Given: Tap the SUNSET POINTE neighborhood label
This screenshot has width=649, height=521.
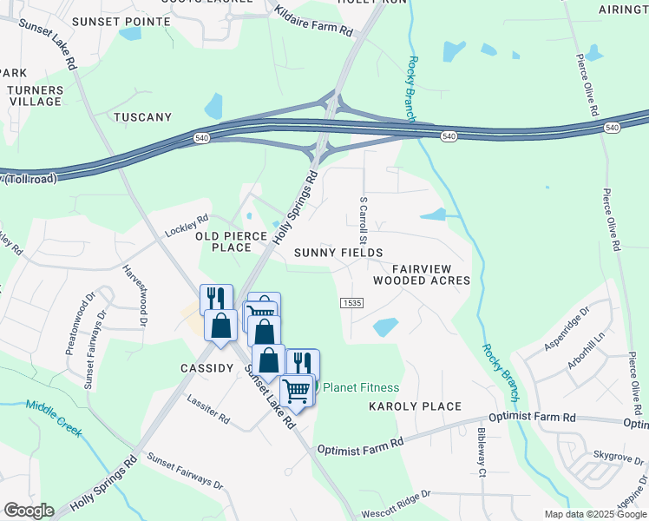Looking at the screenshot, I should click(x=134, y=20).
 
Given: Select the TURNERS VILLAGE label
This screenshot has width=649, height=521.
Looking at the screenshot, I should click(x=35, y=96).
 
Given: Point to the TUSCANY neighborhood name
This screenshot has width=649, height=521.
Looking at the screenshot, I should click(x=142, y=117).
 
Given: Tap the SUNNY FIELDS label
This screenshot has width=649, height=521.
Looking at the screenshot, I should click(x=338, y=253).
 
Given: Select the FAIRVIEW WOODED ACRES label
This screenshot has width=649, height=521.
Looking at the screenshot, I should click(x=422, y=274).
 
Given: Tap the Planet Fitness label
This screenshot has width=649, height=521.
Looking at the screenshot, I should click(x=361, y=387).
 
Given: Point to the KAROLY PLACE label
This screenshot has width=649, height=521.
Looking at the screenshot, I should click(x=415, y=406).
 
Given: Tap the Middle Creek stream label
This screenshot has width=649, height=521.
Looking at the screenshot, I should click(x=57, y=417).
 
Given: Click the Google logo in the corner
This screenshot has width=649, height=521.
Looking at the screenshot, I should click(x=29, y=511).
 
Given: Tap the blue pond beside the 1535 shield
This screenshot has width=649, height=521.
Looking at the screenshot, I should click(x=385, y=327).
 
